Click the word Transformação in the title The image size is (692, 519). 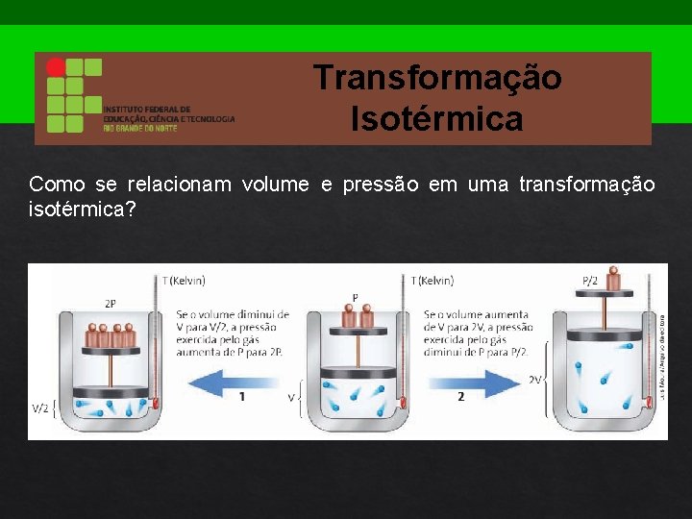click(437, 78)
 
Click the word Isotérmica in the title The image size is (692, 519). click(437, 120)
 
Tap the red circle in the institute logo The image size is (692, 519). click(57, 67)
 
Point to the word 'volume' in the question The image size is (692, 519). click(276, 185)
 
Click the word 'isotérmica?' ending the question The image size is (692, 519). click(83, 209)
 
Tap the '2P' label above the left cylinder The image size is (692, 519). click(111, 303)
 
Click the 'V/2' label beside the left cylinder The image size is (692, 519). click(40, 408)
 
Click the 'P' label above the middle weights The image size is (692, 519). click(355, 297)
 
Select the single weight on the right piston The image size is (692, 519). click(613, 281)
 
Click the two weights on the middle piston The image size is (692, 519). click(357, 317)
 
